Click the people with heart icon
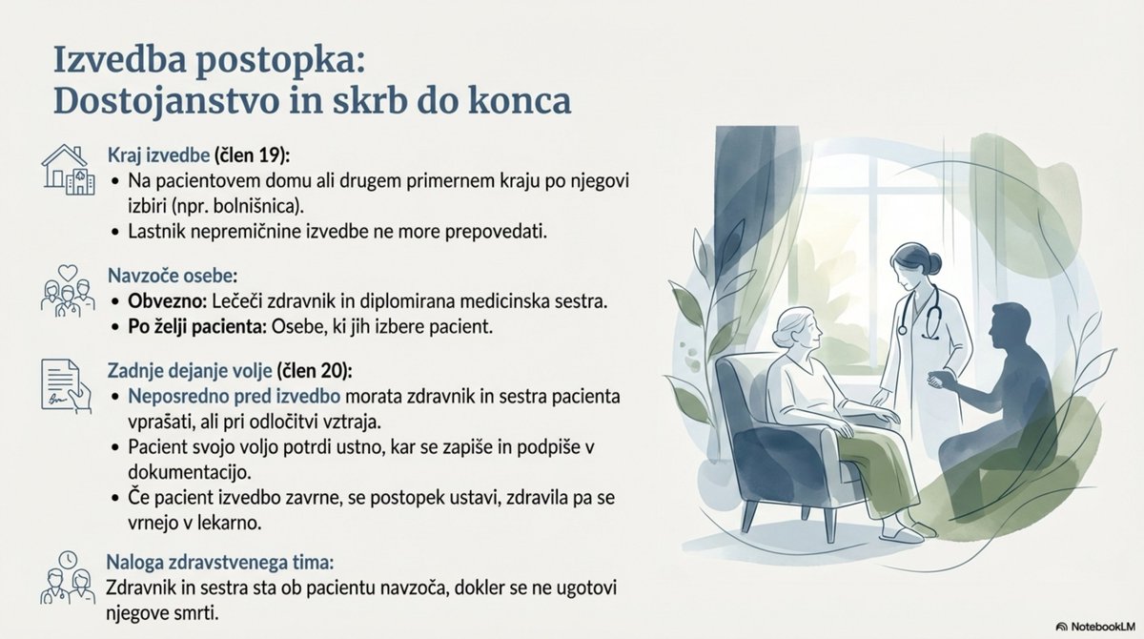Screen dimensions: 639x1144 (68, 289)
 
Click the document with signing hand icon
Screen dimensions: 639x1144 (67, 384)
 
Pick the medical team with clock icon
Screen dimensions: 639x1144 (68, 579)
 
